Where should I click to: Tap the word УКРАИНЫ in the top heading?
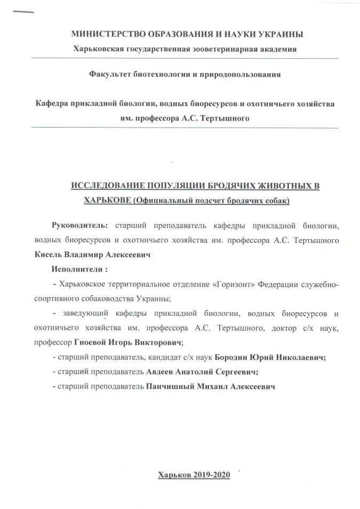click(x=279, y=34)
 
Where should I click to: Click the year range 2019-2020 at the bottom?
click(x=211, y=474)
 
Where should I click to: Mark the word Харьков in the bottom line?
click(x=174, y=474)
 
